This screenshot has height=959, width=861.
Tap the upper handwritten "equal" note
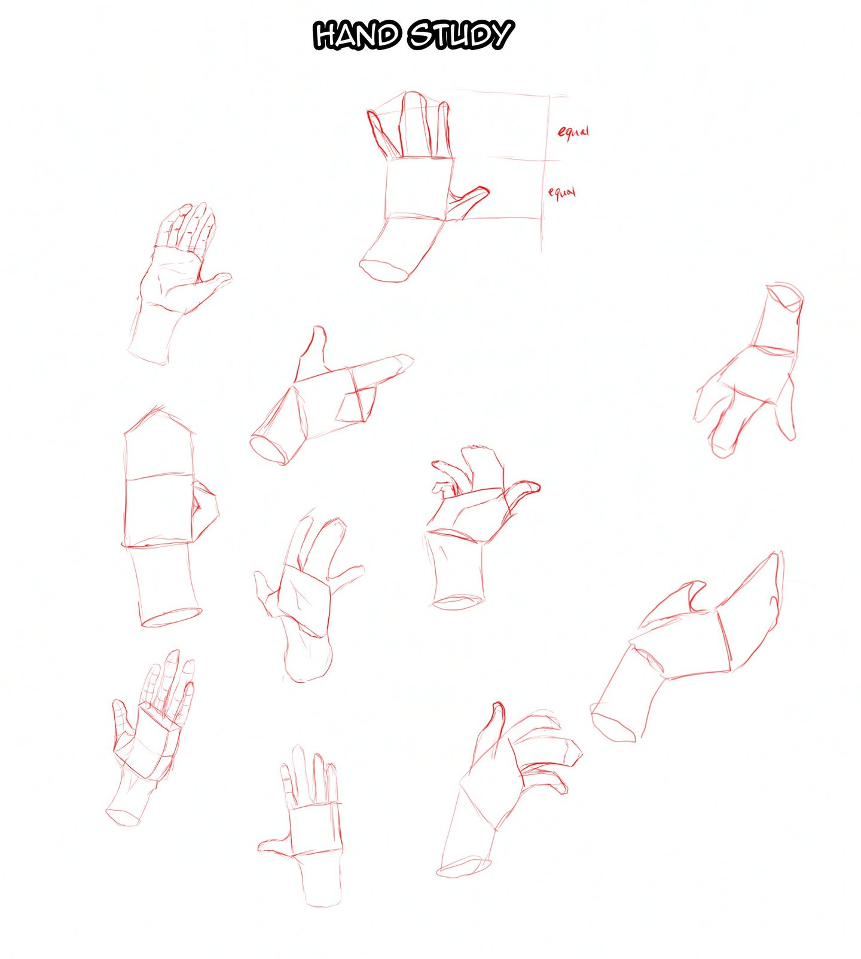click(573, 132)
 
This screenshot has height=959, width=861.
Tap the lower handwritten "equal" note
click(562, 193)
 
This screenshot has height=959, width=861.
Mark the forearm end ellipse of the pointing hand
click(269, 449)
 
